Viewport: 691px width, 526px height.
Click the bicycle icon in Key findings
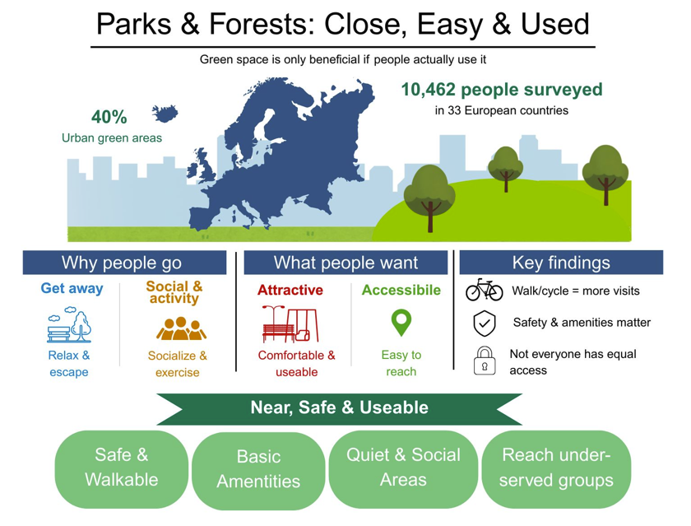coord(484,290)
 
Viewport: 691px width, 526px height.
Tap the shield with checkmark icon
coord(485,324)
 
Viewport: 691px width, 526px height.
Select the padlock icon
coord(485,361)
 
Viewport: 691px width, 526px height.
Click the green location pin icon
coord(401,323)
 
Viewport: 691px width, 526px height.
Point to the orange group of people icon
coord(181,328)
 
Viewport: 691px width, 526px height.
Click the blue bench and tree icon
coord(69,325)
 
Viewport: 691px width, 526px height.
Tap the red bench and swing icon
coord(290,324)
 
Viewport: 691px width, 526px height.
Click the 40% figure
coord(109,117)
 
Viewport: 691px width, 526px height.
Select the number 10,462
coord(428,90)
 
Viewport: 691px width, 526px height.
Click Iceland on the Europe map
coord(165,114)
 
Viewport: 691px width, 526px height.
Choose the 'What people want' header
coord(345,263)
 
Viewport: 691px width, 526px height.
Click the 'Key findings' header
coord(561,263)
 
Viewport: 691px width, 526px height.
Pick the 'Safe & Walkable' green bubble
coord(122,469)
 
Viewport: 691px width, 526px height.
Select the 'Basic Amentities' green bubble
coord(258,470)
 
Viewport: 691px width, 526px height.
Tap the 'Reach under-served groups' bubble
coord(556,469)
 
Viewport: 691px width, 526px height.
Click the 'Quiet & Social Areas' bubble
coord(403,469)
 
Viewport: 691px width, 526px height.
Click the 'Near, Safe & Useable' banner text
coord(339,407)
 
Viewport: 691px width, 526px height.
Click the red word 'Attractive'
coord(290,290)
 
